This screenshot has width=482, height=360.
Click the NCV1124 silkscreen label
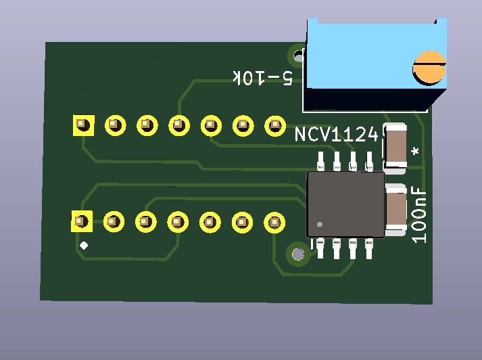click(336, 135)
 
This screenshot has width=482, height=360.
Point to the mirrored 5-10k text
click(263, 78)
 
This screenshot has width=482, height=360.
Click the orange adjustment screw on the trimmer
click(429, 68)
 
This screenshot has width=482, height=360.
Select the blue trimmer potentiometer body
click(375, 64)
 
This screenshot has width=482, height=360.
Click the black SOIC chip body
click(346, 204)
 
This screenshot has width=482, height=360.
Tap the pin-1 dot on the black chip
click(320, 224)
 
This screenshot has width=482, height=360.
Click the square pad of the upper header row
click(83, 125)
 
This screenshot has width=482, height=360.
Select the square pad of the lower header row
click(82, 221)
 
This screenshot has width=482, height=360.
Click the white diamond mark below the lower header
click(84, 246)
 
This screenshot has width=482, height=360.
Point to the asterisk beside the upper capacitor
click(416, 152)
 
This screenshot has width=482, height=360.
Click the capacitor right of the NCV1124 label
click(395, 148)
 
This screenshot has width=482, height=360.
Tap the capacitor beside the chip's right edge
click(396, 210)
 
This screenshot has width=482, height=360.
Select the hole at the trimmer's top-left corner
click(297, 56)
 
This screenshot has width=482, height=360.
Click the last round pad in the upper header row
click(275, 126)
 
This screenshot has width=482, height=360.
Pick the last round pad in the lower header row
click(274, 222)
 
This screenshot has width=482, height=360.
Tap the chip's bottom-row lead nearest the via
click(320, 248)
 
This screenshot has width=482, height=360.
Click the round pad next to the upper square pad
click(116, 126)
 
